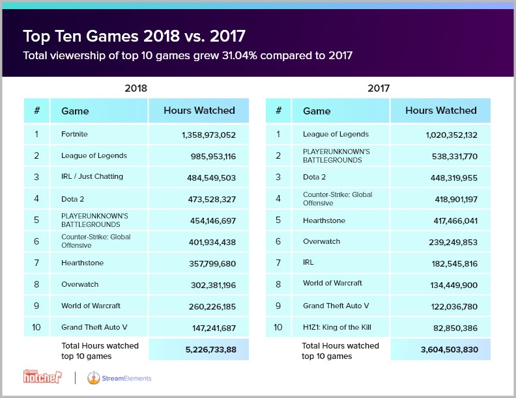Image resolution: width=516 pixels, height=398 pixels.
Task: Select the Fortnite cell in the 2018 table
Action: point(74,134)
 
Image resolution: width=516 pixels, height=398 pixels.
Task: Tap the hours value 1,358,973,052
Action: point(200,135)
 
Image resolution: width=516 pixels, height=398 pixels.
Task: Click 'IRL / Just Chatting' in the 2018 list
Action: point(92,177)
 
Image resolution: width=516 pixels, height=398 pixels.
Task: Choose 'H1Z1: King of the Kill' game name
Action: point(336,326)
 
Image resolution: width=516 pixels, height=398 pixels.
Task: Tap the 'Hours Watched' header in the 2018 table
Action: point(199,111)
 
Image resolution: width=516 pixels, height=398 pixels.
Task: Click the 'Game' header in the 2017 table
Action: point(317,111)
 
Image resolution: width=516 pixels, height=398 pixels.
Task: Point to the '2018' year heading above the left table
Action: point(136,86)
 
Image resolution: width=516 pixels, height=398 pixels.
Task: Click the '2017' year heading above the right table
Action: point(378,86)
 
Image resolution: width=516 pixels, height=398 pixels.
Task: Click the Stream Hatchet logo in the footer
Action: point(44,377)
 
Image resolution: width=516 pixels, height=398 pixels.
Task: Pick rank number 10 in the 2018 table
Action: point(36,326)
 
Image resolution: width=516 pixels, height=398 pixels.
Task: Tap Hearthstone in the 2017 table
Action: point(324,220)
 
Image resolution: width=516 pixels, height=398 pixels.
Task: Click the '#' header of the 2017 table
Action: point(278,111)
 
